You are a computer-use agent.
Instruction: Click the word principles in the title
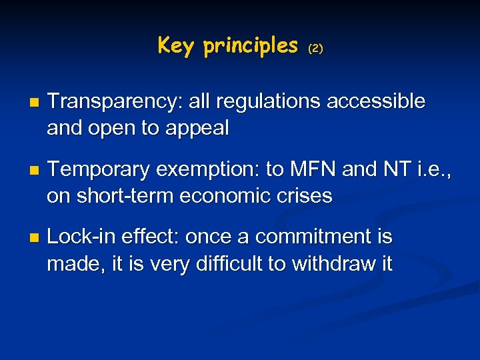point(251,46)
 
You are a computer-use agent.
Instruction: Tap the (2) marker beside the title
point(315,49)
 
